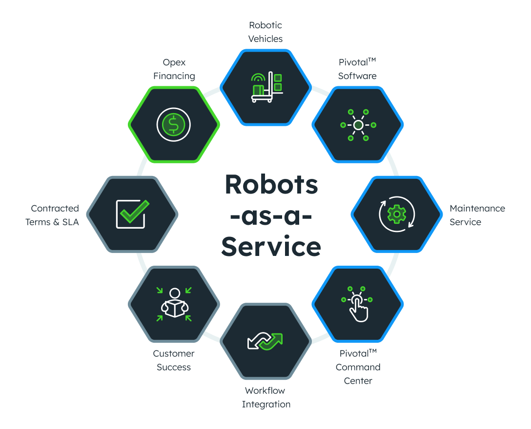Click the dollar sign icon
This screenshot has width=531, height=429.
point(173,125)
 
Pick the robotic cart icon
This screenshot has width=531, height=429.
point(266,87)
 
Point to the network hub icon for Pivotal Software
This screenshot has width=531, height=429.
point(358,125)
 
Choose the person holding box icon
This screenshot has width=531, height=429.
point(174,304)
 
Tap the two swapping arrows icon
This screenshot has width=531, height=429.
point(265,341)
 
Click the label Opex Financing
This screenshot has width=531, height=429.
point(174,69)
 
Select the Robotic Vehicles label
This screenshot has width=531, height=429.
point(265,32)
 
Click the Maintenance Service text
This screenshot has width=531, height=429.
point(477,215)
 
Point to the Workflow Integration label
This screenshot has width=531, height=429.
point(266,397)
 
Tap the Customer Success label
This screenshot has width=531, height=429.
point(174,360)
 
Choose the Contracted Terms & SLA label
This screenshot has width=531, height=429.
point(52,215)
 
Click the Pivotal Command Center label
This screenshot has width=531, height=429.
point(358,367)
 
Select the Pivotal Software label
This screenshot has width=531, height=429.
point(358,69)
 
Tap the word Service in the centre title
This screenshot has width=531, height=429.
point(271,247)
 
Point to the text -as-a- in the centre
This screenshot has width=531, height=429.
point(271,216)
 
